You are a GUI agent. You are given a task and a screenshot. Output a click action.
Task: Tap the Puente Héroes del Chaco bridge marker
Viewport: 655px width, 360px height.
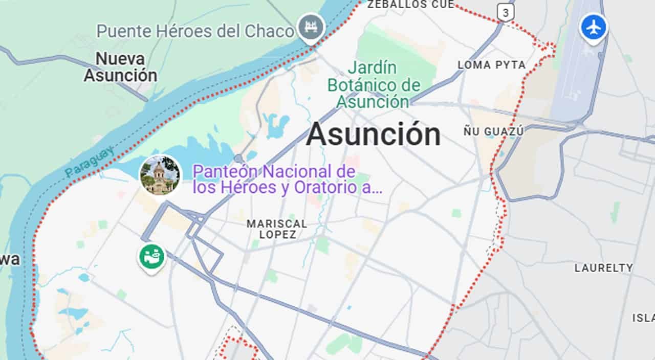click(x=311, y=26)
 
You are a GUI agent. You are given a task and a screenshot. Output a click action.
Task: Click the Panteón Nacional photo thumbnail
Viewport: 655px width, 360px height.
click(x=160, y=175)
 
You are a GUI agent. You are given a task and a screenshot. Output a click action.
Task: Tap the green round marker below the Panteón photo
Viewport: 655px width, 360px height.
click(x=151, y=257)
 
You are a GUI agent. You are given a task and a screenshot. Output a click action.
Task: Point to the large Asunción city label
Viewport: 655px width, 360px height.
click(x=373, y=134)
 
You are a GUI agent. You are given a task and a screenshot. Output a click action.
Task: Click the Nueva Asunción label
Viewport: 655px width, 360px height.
click(x=121, y=67)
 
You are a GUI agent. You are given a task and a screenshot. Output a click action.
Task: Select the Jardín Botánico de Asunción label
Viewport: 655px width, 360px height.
click(x=374, y=84)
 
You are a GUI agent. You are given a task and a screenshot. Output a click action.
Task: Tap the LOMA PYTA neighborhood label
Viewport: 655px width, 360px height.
click(x=491, y=65)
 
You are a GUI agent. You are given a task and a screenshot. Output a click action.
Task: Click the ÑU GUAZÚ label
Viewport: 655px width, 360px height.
click(x=493, y=131)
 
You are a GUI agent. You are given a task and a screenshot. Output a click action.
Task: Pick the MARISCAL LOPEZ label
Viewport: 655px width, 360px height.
click(x=277, y=229)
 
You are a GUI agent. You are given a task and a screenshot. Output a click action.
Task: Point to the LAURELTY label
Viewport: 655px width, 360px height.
click(x=603, y=267)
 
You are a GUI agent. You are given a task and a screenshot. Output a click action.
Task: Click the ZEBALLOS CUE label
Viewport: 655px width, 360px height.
click(x=411, y=5)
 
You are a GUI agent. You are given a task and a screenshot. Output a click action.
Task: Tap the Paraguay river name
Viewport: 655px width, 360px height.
click(x=90, y=162)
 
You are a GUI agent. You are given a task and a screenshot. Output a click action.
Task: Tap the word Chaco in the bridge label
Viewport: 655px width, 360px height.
click(x=269, y=31)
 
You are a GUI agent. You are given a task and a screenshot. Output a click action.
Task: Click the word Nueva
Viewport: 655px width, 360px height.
click(x=120, y=58)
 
